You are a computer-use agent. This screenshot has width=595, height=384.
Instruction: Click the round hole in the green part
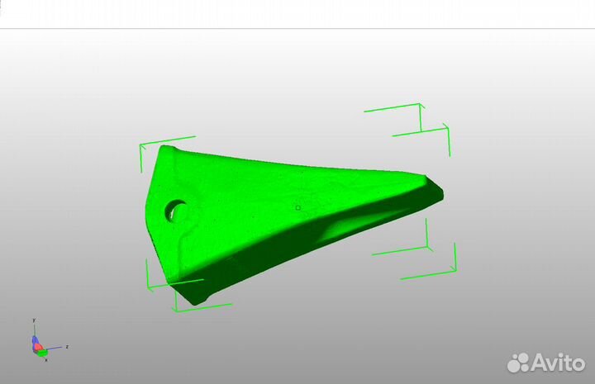(175, 210)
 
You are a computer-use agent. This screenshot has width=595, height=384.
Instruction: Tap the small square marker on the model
(298, 207)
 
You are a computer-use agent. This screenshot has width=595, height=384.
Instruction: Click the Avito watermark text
(557, 363)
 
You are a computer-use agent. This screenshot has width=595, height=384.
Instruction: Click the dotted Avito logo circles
(518, 363)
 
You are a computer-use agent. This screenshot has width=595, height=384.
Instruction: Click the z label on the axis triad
(66, 347)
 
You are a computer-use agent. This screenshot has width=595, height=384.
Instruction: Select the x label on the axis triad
(45, 359)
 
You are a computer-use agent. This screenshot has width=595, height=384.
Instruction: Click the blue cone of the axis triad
(34, 340)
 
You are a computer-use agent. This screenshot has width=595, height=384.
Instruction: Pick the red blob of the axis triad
(37, 347)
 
